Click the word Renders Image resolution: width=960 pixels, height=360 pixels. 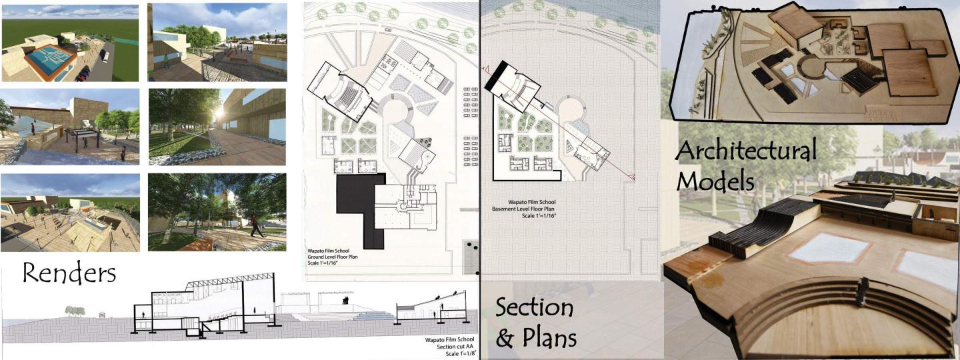click(x=69, y=273)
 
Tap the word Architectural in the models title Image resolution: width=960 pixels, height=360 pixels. click(x=746, y=151)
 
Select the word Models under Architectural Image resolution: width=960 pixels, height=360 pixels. click(x=715, y=181)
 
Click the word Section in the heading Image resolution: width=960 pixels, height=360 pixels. click(x=534, y=308)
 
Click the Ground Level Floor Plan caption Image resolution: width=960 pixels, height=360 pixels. click(x=333, y=257)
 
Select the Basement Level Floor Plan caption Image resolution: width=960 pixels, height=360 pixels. click(x=524, y=209)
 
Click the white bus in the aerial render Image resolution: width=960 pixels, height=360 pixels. click(x=104, y=55)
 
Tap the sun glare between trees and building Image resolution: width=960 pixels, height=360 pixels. click(x=219, y=113)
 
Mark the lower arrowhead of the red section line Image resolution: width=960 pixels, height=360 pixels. click(x=633, y=177)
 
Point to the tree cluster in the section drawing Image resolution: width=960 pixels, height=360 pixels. click(x=75, y=309)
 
